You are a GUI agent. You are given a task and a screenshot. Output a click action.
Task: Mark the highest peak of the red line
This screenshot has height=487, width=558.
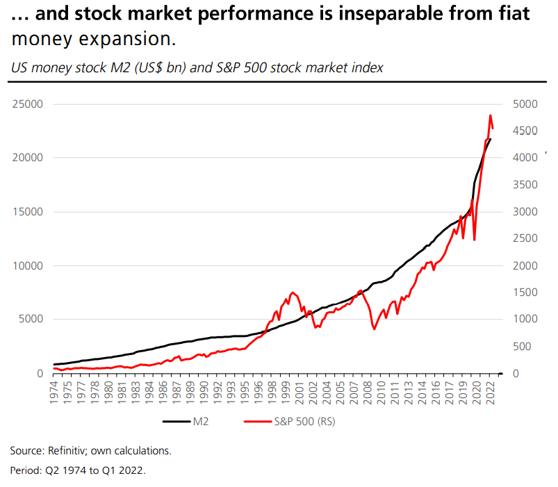[491, 115]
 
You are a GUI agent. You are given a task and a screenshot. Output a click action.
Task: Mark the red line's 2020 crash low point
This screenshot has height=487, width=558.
[475, 240]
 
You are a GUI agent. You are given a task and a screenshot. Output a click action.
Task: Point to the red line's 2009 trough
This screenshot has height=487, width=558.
[375, 329]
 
